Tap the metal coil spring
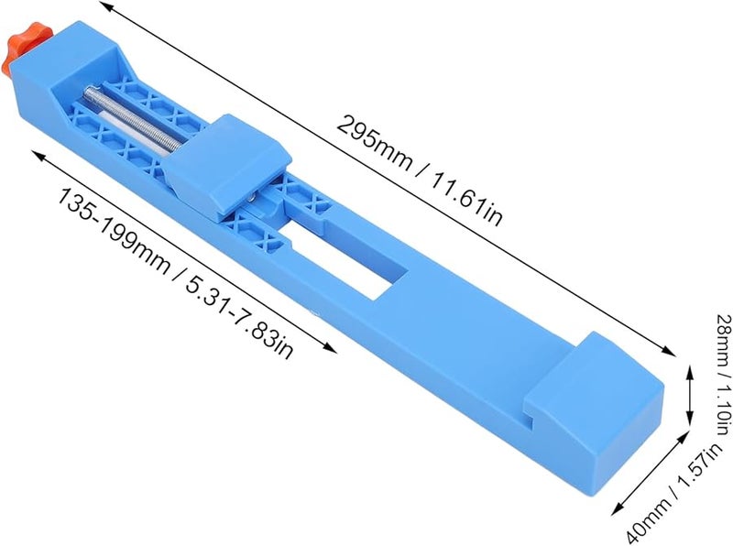point(133,117)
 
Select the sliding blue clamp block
point(228,165)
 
